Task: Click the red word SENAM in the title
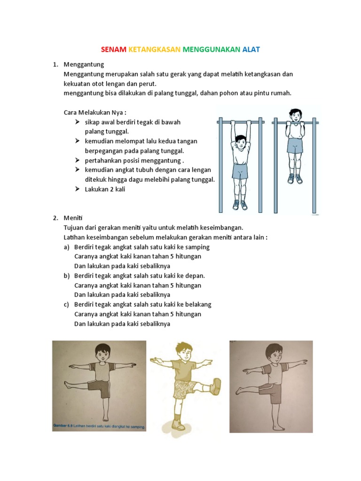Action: [114, 49]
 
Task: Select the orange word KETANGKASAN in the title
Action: [155, 49]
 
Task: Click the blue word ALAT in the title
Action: [251, 49]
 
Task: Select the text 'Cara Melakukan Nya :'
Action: [94, 113]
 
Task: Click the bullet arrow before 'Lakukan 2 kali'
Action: [78, 189]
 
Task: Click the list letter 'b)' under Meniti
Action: [67, 276]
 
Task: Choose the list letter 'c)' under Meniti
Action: [67, 304]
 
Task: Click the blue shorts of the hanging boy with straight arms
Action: [240, 171]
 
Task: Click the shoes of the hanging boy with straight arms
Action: [240, 204]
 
